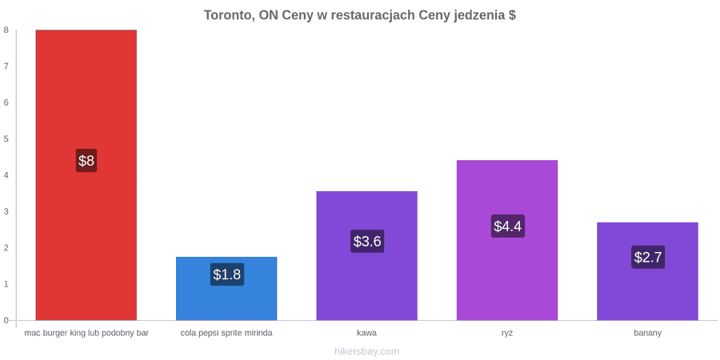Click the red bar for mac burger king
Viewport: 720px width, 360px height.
pyautogui.click(x=86, y=175)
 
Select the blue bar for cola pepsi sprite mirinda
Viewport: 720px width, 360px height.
pyautogui.click(x=226, y=288)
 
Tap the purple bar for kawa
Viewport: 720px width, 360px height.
pyautogui.click(x=367, y=256)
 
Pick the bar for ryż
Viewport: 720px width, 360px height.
pyautogui.click(x=507, y=240)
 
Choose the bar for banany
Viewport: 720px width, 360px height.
pyautogui.click(x=647, y=271)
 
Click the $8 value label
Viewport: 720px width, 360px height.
pyautogui.click(x=86, y=161)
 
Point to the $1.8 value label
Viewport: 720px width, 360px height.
pyautogui.click(x=227, y=274)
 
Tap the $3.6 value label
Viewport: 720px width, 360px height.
pyautogui.click(x=367, y=241)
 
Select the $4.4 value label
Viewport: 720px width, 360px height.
pyautogui.click(x=508, y=226)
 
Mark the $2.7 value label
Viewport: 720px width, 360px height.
pyautogui.click(x=648, y=257)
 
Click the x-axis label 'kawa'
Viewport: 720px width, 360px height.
pyautogui.click(x=367, y=333)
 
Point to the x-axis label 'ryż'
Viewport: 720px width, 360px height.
pyautogui.click(x=507, y=333)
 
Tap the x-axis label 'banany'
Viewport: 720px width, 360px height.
pyautogui.click(x=647, y=333)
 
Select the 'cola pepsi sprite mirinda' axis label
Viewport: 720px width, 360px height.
pyautogui.click(x=226, y=333)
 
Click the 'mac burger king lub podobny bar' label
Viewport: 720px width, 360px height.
pyautogui.click(x=86, y=333)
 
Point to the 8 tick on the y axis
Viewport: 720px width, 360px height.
pyautogui.click(x=6, y=30)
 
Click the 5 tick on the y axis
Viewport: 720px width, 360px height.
pyautogui.click(x=6, y=138)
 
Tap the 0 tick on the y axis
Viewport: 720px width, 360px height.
pyautogui.click(x=6, y=320)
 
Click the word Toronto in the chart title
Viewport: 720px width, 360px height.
pyautogui.click(x=228, y=15)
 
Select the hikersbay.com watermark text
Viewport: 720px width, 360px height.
pyautogui.click(x=367, y=351)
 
